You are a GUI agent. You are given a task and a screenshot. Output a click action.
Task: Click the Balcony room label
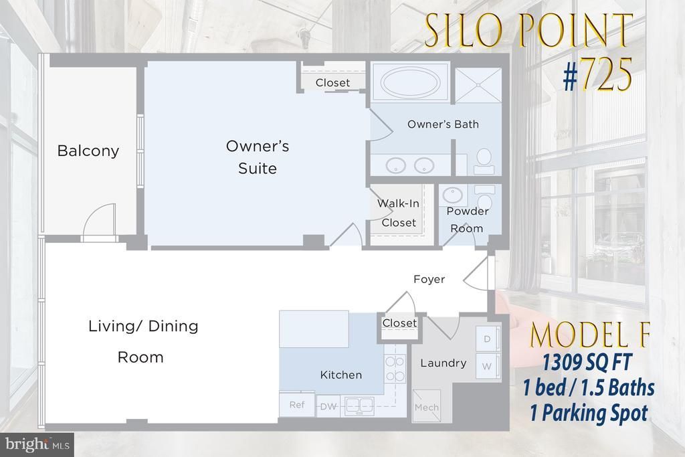click(88, 151)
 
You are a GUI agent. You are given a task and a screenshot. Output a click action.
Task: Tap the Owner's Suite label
click(258, 157)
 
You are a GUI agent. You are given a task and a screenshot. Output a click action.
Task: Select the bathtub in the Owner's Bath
click(410, 82)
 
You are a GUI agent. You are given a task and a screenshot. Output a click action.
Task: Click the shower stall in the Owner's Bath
click(478, 85)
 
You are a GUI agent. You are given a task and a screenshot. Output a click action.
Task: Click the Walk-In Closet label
click(399, 213)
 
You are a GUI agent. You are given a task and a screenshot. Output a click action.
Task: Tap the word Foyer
click(429, 279)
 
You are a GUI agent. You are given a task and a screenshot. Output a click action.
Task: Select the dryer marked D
click(488, 339)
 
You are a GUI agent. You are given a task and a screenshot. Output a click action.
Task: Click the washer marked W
click(488, 366)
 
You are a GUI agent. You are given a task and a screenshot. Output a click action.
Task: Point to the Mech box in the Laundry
click(426, 406)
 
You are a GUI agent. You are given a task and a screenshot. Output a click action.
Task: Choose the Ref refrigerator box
click(297, 405)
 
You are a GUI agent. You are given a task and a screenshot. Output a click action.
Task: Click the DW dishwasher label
click(328, 407)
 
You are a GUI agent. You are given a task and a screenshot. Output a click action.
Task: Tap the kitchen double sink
click(359, 406)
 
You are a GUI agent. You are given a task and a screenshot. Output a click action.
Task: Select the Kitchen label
click(340, 375)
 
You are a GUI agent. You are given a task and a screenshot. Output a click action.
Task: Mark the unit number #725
click(597, 75)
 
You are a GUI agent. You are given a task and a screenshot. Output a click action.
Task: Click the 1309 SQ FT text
click(587, 362)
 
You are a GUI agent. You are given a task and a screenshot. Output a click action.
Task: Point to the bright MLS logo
click(37, 445)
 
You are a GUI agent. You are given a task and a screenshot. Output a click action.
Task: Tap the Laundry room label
click(444, 363)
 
